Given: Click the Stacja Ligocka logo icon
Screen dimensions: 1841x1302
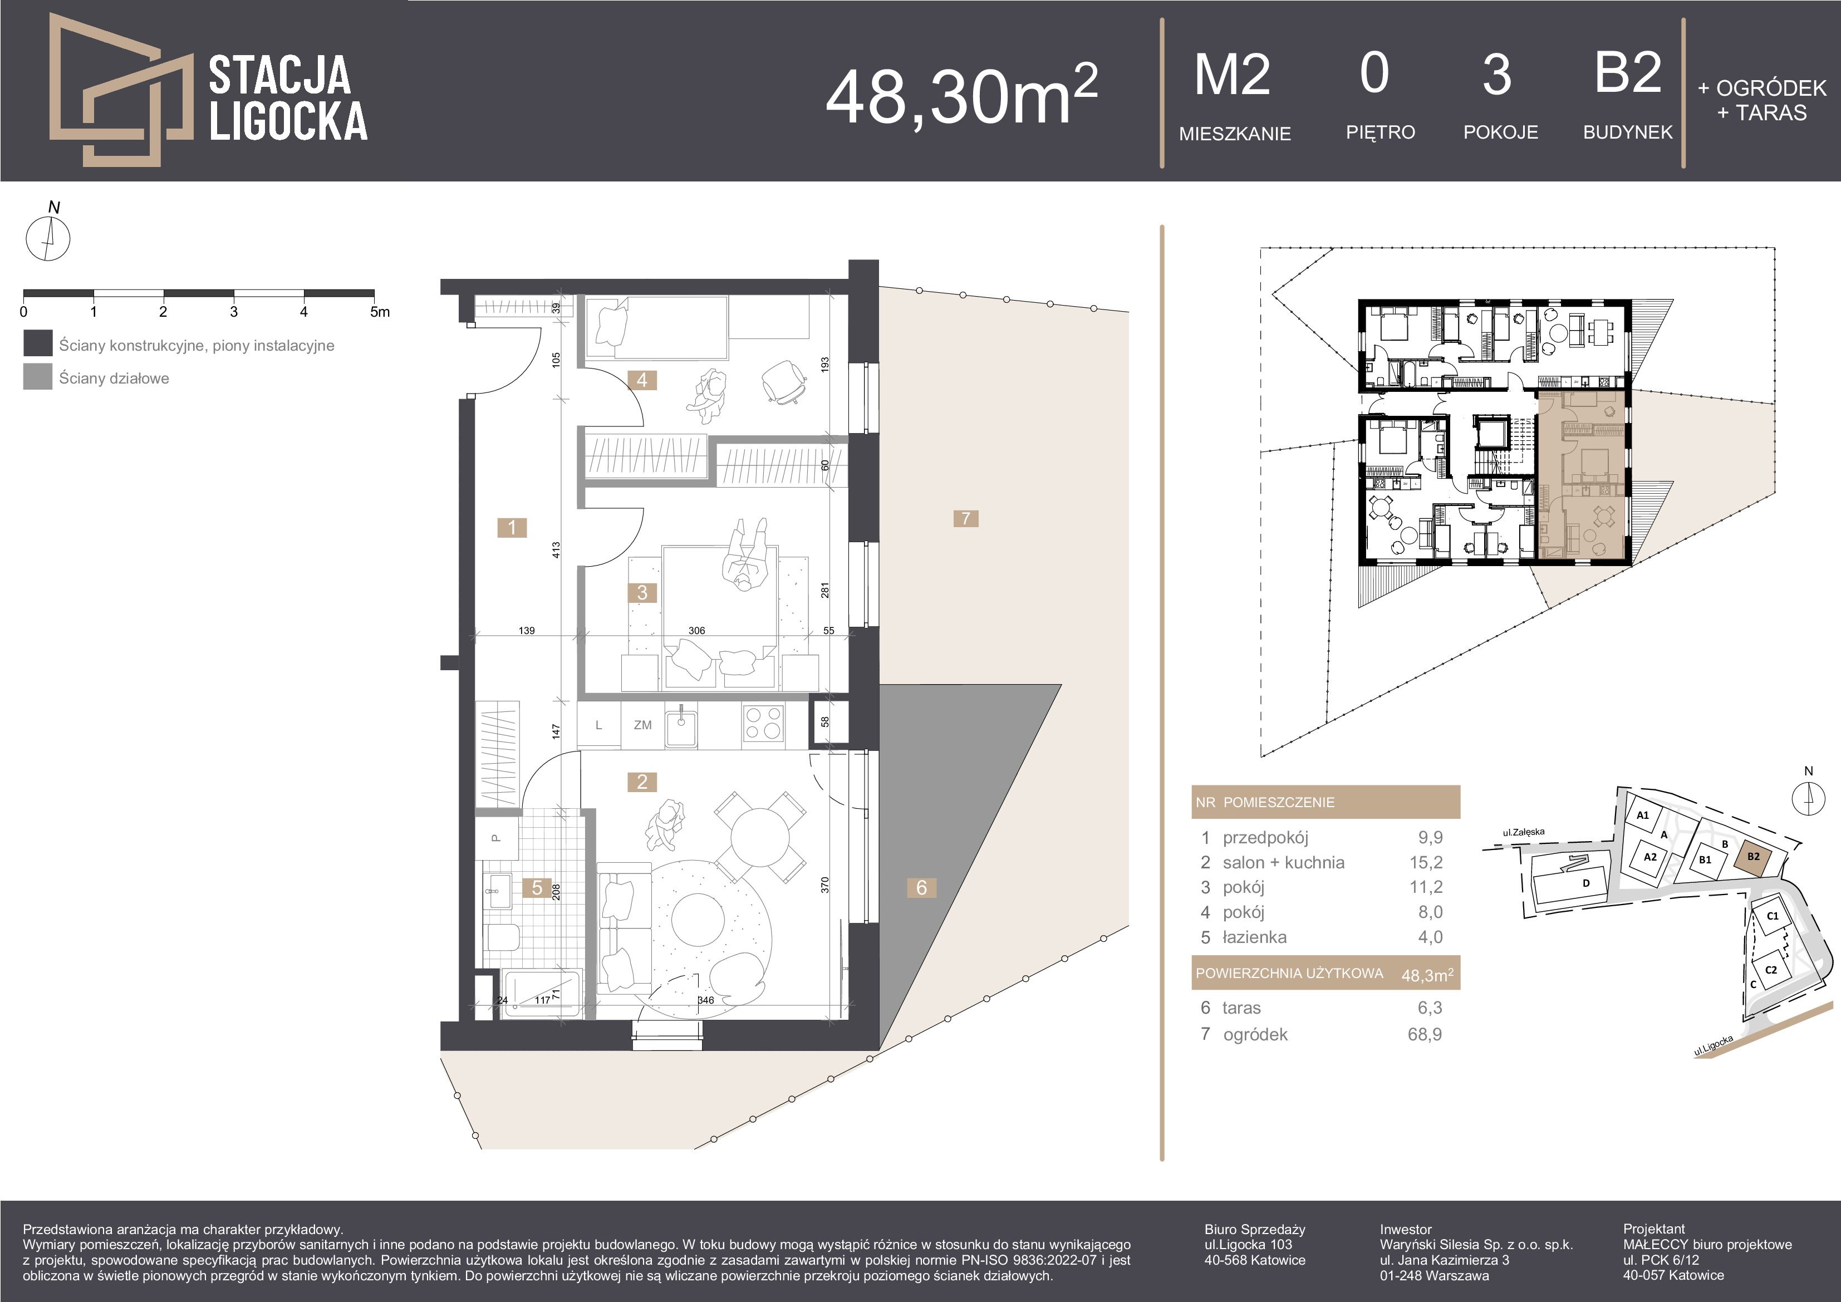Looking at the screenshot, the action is click(120, 89).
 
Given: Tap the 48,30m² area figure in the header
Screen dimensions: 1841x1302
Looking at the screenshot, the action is click(961, 95).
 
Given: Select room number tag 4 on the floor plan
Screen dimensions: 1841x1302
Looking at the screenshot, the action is click(642, 380).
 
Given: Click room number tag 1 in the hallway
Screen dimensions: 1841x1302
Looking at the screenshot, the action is click(512, 528).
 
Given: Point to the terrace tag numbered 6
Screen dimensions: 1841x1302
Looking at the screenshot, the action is click(921, 887).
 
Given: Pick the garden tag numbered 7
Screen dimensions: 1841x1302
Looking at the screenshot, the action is click(966, 519).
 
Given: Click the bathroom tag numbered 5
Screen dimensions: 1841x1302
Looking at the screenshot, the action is click(537, 887).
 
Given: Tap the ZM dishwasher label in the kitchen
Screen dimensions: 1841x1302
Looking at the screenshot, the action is click(642, 725).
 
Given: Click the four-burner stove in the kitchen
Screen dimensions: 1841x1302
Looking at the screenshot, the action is click(763, 724).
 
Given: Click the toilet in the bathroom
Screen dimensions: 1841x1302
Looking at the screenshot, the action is click(503, 936).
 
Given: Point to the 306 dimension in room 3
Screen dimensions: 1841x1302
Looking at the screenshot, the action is click(697, 631).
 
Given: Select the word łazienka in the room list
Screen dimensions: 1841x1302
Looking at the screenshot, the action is click(1255, 937).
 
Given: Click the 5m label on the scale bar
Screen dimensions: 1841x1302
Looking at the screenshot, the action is click(380, 312).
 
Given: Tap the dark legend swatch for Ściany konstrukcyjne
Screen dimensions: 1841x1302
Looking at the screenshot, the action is click(38, 344).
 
